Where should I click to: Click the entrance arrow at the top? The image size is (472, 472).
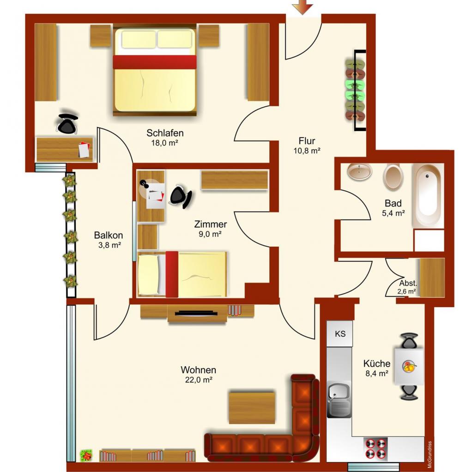tap(303, 6)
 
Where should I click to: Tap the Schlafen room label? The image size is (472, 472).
tap(165, 133)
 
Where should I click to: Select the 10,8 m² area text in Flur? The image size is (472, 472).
tap(307, 151)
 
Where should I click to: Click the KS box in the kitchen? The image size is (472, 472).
tap(340, 333)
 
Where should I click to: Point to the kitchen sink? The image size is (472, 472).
tap(339, 399)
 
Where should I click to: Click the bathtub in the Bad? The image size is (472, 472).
tap(428, 196)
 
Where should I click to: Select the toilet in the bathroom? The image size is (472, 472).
tap(393, 177)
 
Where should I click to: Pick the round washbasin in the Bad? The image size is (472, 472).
tap(359, 172)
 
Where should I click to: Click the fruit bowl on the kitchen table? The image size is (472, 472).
tap(409, 367)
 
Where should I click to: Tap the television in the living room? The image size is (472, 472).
tap(196, 313)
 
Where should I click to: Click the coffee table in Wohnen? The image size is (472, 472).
tap(252, 408)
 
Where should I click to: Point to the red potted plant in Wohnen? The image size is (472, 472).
tap(86, 455)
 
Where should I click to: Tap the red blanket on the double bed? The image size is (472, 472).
tap(155, 62)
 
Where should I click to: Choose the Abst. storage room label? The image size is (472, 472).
tap(408, 283)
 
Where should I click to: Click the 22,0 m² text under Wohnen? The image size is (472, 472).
tap(199, 380)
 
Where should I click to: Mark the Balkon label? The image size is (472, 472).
tap(109, 235)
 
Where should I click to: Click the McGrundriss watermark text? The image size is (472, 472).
tap(429, 454)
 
